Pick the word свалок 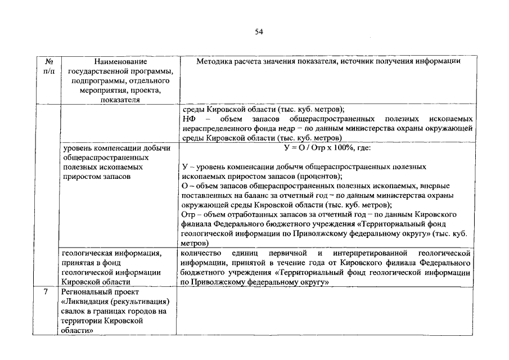point(74,311)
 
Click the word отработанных point(249,214)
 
